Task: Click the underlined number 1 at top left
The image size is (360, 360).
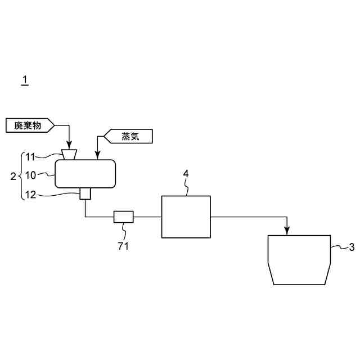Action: click(24, 80)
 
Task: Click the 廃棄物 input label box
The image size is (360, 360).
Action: click(30, 125)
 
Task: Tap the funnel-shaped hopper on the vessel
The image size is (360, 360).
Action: click(70, 154)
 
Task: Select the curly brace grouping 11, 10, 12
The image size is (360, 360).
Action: click(21, 175)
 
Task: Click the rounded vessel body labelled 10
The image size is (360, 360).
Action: click(85, 174)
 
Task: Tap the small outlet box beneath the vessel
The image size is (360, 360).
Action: click(85, 194)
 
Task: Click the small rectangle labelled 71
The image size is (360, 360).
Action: click(123, 216)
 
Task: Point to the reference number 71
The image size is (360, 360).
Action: click(123, 245)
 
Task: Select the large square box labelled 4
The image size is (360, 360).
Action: click(186, 217)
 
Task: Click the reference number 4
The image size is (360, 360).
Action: click(186, 173)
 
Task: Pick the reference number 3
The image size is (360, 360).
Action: click(352, 246)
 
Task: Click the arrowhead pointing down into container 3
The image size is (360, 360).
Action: click(287, 231)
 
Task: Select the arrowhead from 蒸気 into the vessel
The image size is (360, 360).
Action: click(97, 156)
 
